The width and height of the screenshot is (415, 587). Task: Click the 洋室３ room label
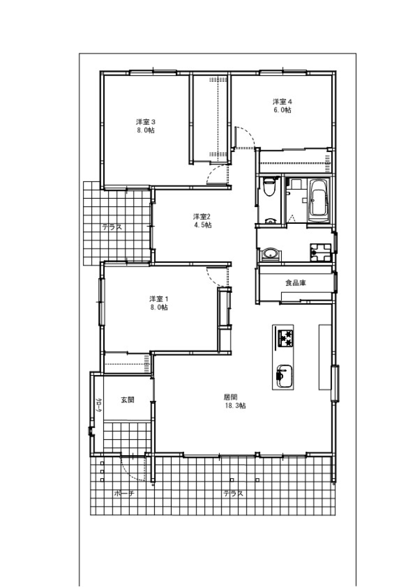coord(146,122)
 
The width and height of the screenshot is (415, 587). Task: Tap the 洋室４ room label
coord(282,102)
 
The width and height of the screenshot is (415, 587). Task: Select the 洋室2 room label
coord(202,217)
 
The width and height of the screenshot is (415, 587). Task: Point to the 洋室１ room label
coord(159,299)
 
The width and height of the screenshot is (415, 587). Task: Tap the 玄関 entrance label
coord(128,400)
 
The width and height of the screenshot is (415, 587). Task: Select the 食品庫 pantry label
coord(296,283)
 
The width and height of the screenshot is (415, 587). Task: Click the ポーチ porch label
coord(124,494)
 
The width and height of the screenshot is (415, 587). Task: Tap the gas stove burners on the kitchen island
coord(285,338)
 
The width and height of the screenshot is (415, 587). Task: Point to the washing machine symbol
coord(321,252)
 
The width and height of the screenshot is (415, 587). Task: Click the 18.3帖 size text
coord(235,406)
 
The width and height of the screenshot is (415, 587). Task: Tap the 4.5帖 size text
coord(201,225)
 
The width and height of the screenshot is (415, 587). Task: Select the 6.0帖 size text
coord(282,110)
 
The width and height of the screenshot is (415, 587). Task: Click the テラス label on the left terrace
coord(112,227)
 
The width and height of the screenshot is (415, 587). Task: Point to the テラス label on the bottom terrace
coord(233,494)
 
